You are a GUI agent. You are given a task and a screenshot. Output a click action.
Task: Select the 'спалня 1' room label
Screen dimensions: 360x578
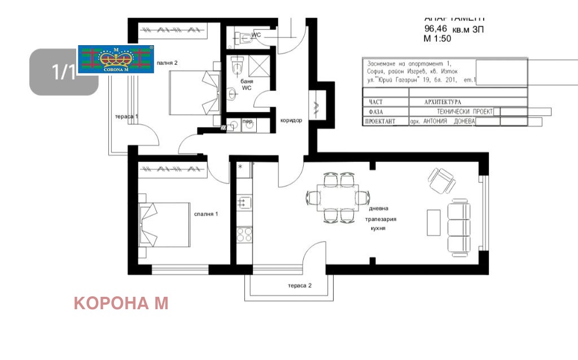207,214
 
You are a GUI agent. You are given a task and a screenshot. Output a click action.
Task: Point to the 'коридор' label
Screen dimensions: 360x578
291,121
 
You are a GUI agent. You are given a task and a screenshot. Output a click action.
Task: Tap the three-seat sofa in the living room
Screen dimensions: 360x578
458,227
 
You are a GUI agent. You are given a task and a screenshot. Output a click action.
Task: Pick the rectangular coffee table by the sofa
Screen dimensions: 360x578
433,223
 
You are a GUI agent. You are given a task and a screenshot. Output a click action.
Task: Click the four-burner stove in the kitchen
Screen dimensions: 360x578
244,234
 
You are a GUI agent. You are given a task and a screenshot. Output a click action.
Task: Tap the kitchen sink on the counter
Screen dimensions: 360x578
244,202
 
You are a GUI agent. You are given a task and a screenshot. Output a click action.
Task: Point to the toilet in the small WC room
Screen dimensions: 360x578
244,38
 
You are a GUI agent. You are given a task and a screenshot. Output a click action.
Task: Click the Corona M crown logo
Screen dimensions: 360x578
115,59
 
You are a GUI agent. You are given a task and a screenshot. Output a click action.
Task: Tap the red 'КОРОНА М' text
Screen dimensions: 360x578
121,304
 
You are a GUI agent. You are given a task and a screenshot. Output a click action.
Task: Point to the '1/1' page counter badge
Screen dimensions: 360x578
63,72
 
